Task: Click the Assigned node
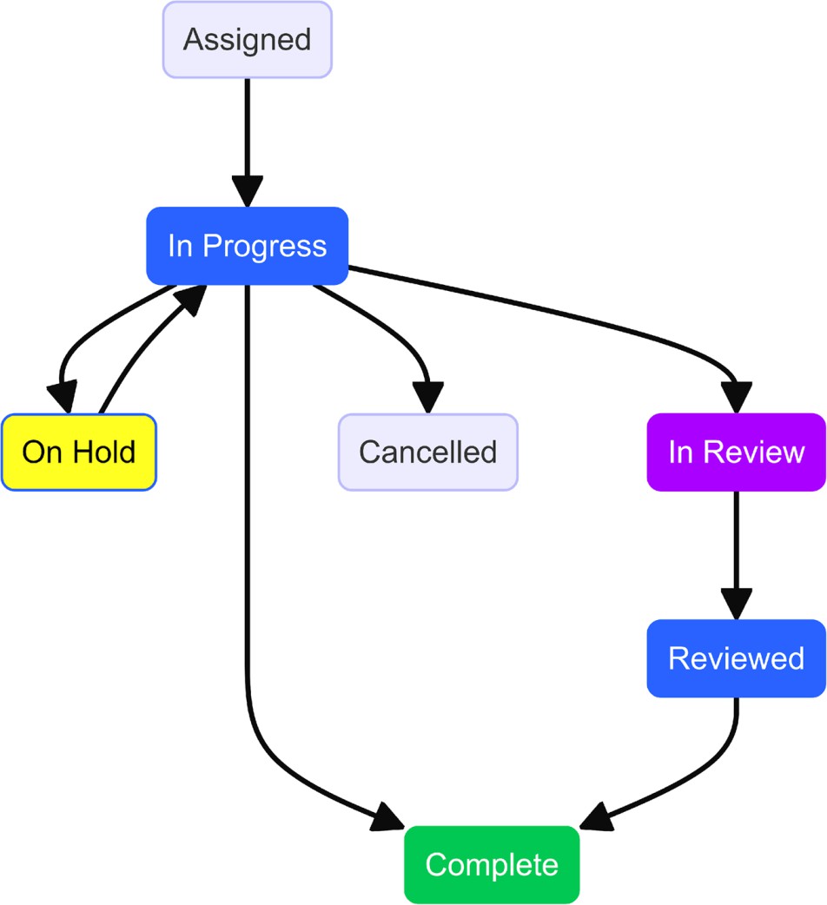pos(248,40)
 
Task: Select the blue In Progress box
pos(248,246)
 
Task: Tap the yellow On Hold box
pos(78,452)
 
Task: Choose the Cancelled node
pos(427,452)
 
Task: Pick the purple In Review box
pos(736,452)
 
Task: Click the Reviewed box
pos(736,658)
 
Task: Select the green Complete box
pos(492,865)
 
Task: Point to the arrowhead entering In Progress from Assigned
pos(248,192)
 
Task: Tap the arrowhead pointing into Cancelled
pos(427,399)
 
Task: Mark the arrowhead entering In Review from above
pos(736,399)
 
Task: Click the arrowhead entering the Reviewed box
pos(736,604)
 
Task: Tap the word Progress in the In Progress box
pos(264,246)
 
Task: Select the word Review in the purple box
pos(753,452)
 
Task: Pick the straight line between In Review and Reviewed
pos(736,543)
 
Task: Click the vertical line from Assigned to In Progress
pos(248,130)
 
